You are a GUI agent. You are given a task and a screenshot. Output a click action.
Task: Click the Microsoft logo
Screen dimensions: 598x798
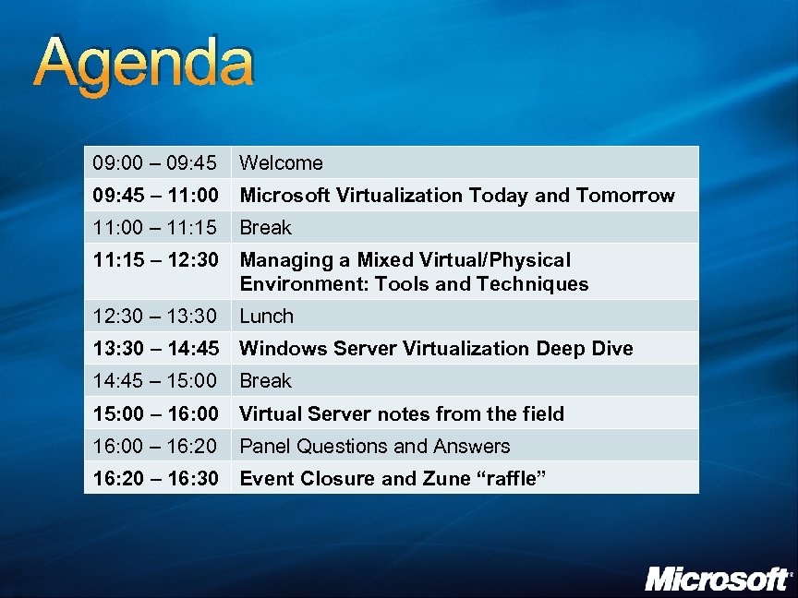pos(717,579)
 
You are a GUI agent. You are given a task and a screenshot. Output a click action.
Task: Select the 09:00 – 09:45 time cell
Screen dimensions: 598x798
pos(156,163)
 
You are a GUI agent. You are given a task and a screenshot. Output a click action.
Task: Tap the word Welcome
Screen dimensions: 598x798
pos(282,163)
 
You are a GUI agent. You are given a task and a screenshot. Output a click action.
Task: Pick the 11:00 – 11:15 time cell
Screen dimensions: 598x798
pos(156,228)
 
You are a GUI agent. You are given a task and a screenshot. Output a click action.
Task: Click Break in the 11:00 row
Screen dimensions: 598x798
pos(266,228)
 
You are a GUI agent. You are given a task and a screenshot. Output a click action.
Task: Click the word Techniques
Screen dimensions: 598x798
pos(533,284)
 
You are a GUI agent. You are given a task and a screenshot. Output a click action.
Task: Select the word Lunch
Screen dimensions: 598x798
pos(267,317)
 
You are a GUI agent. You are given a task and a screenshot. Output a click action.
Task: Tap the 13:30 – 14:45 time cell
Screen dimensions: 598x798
pos(156,349)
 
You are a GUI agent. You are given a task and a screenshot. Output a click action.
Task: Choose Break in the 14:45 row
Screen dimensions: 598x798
pos(266,381)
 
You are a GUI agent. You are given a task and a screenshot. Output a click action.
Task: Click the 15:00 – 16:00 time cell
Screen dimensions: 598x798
pos(156,413)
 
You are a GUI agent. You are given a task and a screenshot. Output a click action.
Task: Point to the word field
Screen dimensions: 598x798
pos(542,413)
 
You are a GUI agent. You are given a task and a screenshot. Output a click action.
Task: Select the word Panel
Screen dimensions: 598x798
pos(265,447)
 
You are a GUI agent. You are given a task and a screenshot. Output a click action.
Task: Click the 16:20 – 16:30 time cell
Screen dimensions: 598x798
pos(156,479)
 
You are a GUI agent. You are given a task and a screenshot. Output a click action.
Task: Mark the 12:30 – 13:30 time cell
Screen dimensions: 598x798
pos(156,317)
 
